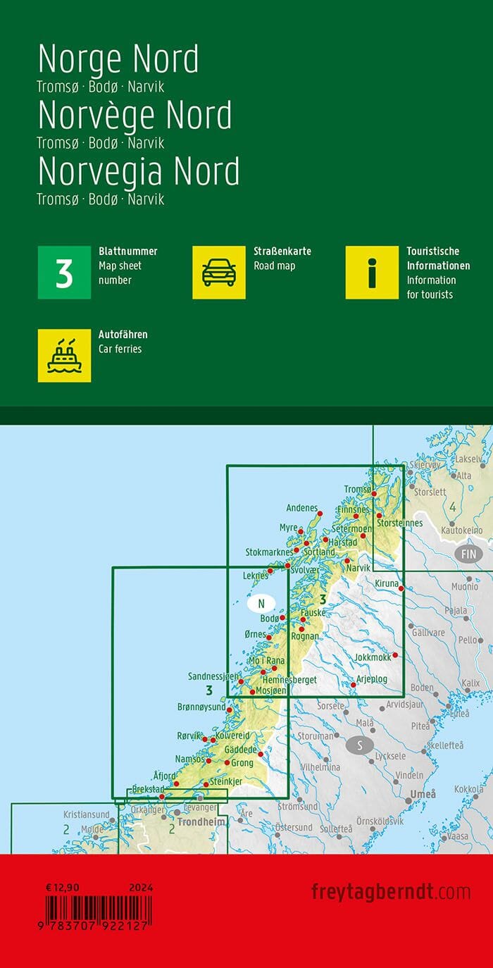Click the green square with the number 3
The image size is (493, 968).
[64, 273]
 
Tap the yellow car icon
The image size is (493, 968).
[218, 273]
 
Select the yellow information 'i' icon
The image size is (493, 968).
[372, 273]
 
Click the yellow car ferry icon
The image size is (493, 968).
[64, 356]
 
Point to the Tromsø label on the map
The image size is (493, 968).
[358, 490]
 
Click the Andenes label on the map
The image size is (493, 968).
[302, 507]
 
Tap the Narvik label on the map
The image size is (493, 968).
[358, 568]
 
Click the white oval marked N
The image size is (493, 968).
[261, 603]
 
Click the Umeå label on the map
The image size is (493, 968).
[423, 795]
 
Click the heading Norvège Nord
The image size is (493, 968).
[135, 115]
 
